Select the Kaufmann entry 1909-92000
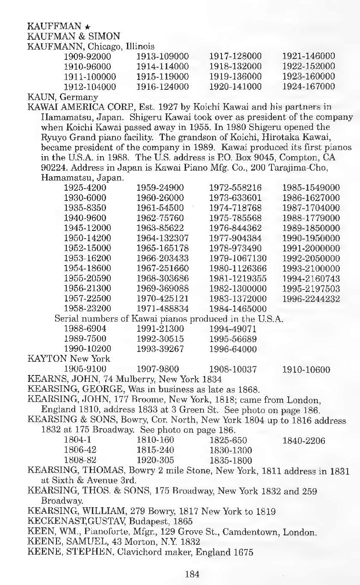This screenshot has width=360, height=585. (87, 56)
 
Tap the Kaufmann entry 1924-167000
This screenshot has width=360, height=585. (309, 87)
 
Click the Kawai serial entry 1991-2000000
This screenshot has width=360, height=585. (311, 248)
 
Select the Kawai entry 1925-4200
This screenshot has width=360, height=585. (85, 188)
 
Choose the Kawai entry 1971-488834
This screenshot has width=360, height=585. (162, 309)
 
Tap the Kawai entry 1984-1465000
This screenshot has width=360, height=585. (238, 309)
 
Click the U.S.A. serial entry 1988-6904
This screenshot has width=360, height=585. (85, 329)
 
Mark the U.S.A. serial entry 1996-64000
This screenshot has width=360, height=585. (233, 349)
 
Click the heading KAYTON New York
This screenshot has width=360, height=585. (68, 359)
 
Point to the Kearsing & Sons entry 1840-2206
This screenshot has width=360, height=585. (304, 440)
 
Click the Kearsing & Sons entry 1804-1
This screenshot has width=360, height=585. (77, 440)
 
